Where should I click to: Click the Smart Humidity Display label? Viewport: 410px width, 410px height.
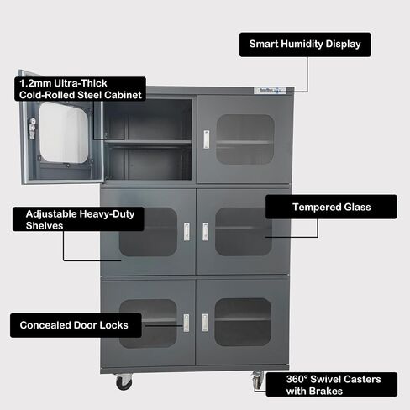click(305, 45)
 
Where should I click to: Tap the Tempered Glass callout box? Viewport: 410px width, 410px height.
click(331, 207)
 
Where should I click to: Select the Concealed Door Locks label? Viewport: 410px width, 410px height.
click(76, 325)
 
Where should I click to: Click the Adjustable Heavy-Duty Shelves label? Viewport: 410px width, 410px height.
click(78, 219)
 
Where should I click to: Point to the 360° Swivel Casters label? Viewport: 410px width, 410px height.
click(332, 385)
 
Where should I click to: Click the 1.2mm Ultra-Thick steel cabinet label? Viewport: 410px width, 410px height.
click(80, 89)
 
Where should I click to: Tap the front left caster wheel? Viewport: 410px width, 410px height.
click(124, 382)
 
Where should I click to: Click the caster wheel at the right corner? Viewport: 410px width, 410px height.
click(258, 380)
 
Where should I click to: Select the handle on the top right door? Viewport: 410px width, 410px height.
click(207, 139)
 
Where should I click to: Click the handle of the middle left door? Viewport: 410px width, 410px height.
click(187, 232)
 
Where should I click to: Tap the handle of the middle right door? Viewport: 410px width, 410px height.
click(206, 232)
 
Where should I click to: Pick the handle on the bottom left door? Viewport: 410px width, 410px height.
click(187, 323)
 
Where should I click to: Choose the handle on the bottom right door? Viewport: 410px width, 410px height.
click(205, 323)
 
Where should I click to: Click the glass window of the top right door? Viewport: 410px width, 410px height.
click(245, 139)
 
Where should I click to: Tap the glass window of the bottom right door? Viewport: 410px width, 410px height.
click(243, 323)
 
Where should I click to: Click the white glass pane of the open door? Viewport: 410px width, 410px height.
click(64, 132)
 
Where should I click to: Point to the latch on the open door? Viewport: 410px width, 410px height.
click(33, 129)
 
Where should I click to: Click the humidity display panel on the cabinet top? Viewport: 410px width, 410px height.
click(270, 91)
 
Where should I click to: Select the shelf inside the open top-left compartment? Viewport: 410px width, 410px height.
click(148, 142)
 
